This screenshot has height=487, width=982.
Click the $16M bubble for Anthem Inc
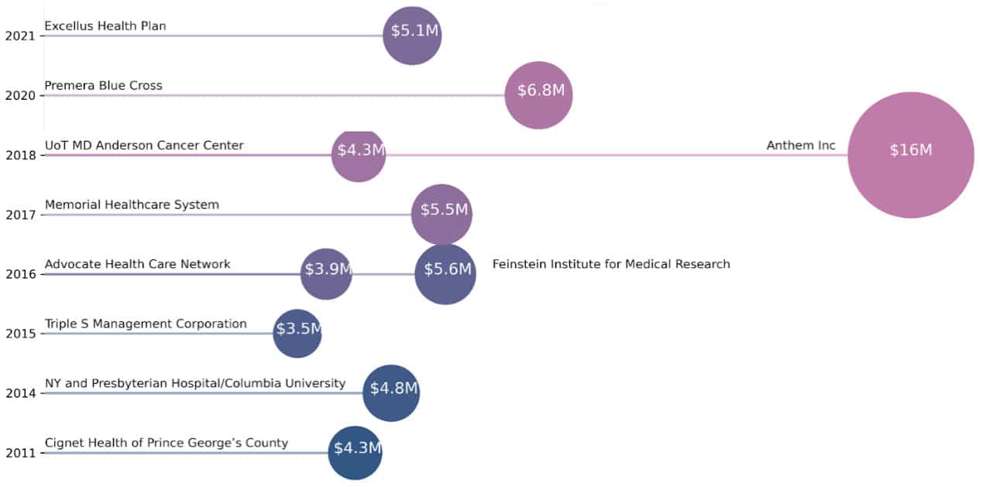point(910,155)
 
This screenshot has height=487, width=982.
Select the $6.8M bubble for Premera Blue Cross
point(539,94)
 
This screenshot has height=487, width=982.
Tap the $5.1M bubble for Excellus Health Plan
point(413,36)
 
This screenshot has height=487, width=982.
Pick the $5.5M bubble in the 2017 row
point(441,214)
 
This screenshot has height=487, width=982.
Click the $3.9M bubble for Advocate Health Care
point(326,273)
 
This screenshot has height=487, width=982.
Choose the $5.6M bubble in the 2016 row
point(445,273)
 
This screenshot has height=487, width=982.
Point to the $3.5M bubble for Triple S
point(297,333)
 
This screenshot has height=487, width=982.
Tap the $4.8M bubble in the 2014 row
point(391,393)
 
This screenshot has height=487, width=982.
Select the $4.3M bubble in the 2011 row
point(355,452)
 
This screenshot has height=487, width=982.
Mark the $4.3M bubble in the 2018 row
point(359,155)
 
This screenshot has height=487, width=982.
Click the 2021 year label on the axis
point(19,36)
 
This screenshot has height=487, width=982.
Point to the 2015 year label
point(19,334)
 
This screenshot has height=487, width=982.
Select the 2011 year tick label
point(19,453)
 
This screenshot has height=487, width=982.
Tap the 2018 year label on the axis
point(19,155)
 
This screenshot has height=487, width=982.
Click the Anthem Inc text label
point(801,146)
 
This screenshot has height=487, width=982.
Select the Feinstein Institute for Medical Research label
point(611,264)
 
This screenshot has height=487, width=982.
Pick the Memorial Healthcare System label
point(132,205)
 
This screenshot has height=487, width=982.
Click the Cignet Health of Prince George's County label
point(167,443)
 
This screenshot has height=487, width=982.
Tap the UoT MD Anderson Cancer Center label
point(144,146)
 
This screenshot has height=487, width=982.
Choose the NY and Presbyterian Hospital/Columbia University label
point(195,383)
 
